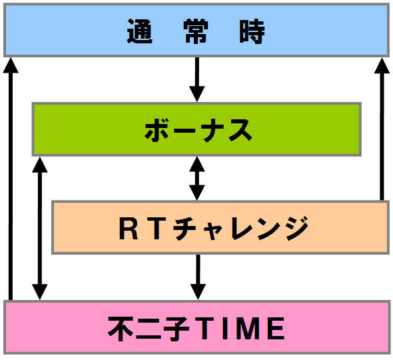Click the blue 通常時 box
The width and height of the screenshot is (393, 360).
tap(196, 30)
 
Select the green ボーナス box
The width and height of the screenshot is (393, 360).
tap(196, 129)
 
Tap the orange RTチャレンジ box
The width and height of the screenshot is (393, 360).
tap(220, 227)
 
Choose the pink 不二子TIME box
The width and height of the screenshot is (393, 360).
tap(197, 327)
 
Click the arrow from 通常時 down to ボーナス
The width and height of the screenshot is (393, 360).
tap(197, 79)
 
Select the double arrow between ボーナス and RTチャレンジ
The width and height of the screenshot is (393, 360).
tap(197, 179)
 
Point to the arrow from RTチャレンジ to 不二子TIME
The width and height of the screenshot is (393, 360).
tap(198, 277)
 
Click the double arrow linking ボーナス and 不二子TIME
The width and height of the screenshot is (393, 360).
tap(39, 228)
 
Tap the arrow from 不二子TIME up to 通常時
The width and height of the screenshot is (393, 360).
tap(11, 179)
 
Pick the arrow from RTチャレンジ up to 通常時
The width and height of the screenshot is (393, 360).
tap(382, 129)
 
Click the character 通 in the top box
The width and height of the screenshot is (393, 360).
tap(140, 31)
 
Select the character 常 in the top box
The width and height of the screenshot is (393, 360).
tap(196, 31)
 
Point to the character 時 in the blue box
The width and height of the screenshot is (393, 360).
tap(252, 31)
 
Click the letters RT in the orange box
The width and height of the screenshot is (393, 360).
tap(143, 229)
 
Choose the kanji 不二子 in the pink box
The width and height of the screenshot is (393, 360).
tap(149, 328)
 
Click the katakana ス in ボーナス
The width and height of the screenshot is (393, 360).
tap(240, 130)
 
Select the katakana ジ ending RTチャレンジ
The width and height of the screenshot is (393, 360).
tap(297, 228)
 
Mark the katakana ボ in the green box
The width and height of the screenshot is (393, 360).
tap(157, 130)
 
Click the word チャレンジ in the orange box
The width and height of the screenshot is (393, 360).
tap(241, 228)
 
